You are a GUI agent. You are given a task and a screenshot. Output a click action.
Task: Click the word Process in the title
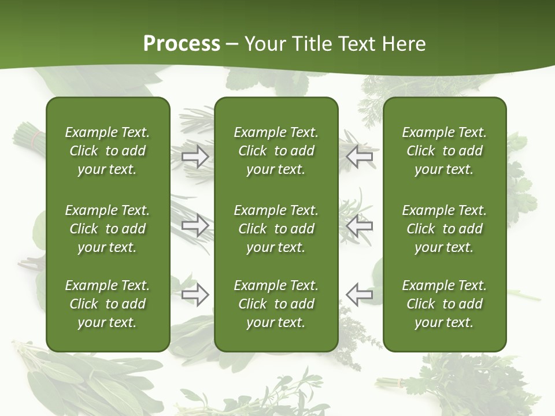coord(182,44)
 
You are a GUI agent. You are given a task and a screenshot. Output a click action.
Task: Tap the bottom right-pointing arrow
coord(195,295)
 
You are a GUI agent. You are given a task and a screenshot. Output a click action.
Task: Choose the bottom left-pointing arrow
coord(359,295)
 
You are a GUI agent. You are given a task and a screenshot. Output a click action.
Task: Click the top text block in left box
coord(108,151)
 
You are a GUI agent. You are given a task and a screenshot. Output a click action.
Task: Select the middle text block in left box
coord(108,229)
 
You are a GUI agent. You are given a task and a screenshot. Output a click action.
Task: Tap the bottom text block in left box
coord(108,304)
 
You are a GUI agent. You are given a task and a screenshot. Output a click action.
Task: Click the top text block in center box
coord(276,151)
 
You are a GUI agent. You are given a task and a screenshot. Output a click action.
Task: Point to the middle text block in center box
coord(276,229)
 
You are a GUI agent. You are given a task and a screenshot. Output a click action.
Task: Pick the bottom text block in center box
coord(276,304)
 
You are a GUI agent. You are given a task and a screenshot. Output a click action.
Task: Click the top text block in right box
coord(444,151)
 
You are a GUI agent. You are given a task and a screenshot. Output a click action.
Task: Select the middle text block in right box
coord(444,229)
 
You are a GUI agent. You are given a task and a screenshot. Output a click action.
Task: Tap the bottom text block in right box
coord(444,304)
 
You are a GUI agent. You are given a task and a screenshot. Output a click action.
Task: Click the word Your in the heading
coord(265,44)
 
